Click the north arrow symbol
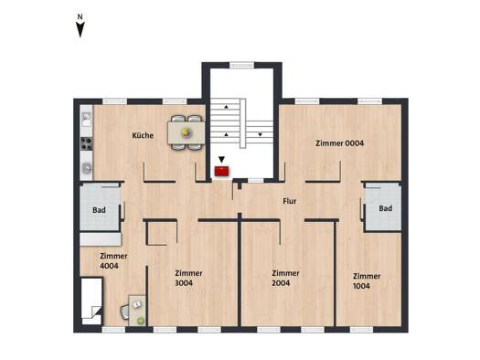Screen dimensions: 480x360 pyautogui.click(x=80, y=26)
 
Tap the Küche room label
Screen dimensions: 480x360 pyautogui.click(x=143, y=135)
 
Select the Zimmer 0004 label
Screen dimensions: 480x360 pyautogui.click(x=340, y=143)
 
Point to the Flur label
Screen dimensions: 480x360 pyautogui.click(x=290, y=201)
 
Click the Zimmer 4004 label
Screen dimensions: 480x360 pyautogui.click(x=113, y=261)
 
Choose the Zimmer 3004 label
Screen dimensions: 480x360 pyautogui.click(x=188, y=278)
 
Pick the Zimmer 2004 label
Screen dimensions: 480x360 pyautogui.click(x=285, y=278)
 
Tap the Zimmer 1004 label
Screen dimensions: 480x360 pyautogui.click(x=367, y=281)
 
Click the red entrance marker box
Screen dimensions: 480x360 pyautogui.click(x=221, y=171)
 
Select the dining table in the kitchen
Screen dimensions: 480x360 pyautogui.click(x=187, y=132)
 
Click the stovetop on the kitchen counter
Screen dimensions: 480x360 pyautogui.click(x=86, y=143)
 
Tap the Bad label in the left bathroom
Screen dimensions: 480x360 pyautogui.click(x=99, y=210)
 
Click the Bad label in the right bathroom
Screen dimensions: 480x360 pyautogui.click(x=386, y=208)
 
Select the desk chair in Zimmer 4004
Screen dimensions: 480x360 pyautogui.click(x=125, y=312)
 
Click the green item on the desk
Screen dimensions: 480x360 pyautogui.click(x=141, y=320)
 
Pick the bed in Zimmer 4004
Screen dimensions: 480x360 pyautogui.click(x=91, y=302)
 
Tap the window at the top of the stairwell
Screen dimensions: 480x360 pyautogui.click(x=242, y=65)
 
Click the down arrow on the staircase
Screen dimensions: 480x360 pyautogui.click(x=260, y=134)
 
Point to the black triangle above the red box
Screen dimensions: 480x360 pyautogui.click(x=221, y=159)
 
